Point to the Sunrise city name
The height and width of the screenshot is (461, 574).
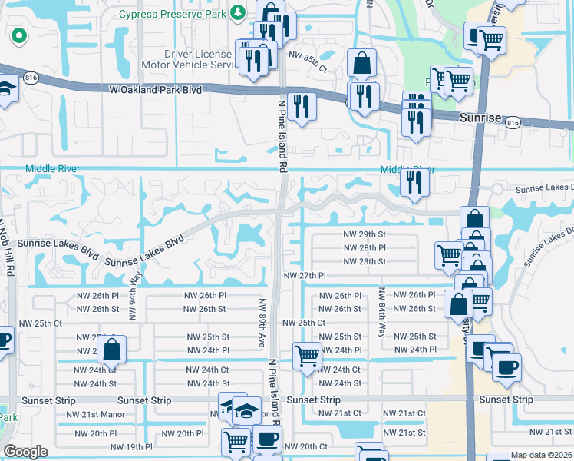tap(480, 118)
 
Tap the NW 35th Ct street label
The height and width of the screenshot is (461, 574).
tap(308, 69)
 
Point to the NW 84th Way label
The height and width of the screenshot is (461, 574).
tap(381, 313)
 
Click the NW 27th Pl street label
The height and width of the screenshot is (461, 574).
tap(305, 275)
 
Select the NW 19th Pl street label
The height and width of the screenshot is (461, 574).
tap(131, 446)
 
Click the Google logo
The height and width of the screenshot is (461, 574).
tap(26, 452)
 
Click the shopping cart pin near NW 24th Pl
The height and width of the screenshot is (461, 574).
tap(307, 357)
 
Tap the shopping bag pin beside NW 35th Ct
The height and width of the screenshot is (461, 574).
tap(361, 63)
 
